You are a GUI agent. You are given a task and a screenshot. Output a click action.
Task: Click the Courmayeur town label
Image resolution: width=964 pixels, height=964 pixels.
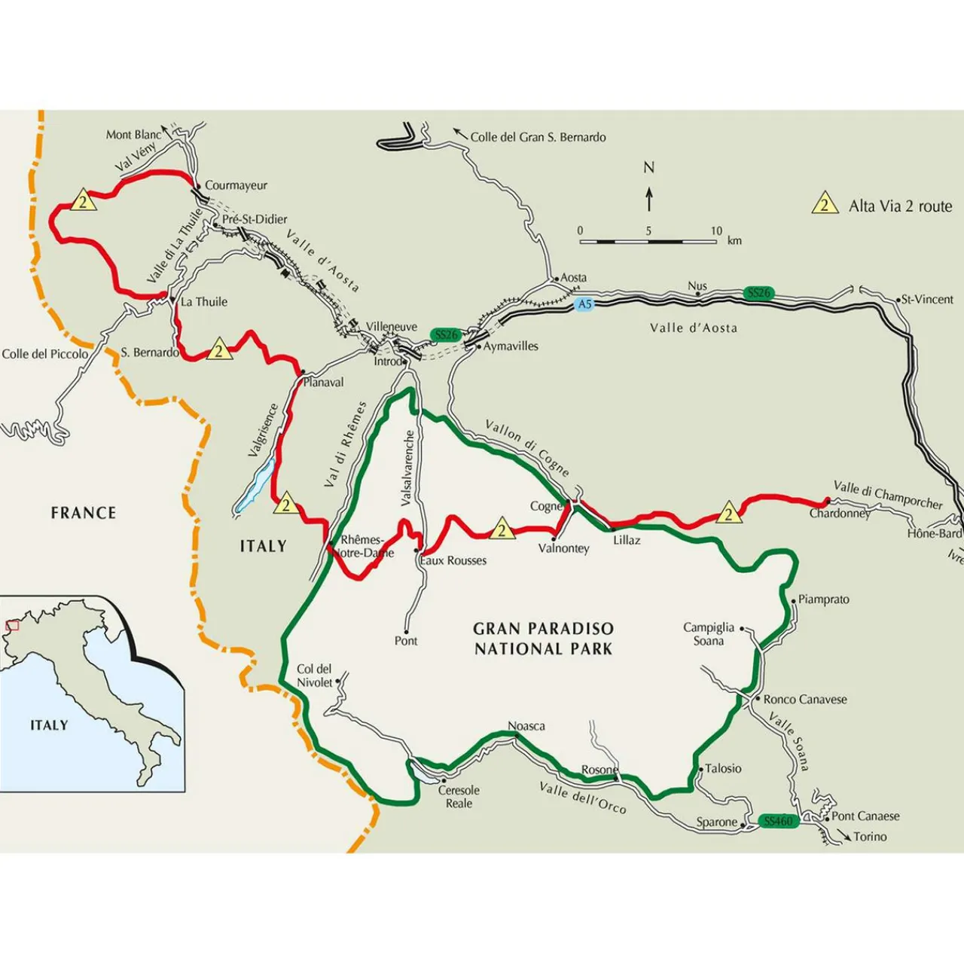click(x=236, y=185)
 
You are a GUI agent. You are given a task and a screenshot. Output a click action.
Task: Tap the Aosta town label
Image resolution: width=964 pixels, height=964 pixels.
click(x=573, y=278)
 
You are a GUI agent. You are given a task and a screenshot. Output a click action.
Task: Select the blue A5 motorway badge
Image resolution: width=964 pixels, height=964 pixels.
click(x=584, y=304)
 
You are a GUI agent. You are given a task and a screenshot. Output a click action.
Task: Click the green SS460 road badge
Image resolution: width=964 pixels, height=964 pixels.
click(x=777, y=821)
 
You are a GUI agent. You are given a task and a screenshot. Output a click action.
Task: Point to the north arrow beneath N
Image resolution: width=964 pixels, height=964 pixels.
click(x=649, y=199)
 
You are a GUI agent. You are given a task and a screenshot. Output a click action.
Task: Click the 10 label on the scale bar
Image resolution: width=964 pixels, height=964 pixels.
click(x=715, y=231)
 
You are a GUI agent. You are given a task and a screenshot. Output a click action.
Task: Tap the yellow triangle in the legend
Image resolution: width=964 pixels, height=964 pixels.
click(x=825, y=205)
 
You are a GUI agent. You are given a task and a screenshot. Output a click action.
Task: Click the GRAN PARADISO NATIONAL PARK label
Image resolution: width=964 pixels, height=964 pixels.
click(x=543, y=639)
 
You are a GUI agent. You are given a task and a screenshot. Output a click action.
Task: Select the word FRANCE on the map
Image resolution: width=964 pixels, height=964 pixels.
click(x=84, y=513)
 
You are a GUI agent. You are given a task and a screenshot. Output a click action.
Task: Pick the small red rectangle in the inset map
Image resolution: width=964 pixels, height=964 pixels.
click(x=12, y=625)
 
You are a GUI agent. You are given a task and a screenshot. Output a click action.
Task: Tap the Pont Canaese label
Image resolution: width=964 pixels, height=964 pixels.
click(x=865, y=816)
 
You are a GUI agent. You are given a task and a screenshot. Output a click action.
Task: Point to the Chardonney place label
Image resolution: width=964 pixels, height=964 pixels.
click(x=840, y=514)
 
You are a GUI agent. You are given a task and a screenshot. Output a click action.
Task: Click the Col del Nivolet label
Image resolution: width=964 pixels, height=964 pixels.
click(x=314, y=676)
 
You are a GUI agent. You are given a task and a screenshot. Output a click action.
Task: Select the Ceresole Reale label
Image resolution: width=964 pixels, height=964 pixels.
click(x=459, y=797)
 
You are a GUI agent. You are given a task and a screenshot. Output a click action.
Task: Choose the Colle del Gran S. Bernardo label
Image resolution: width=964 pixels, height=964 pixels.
click(x=538, y=137)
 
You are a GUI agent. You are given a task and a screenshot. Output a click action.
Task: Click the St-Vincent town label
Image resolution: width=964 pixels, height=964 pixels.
click(x=927, y=299)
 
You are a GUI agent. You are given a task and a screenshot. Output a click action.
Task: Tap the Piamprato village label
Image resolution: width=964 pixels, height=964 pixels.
click(x=823, y=599)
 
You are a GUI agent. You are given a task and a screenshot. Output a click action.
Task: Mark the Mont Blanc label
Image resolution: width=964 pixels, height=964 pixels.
click(x=133, y=135)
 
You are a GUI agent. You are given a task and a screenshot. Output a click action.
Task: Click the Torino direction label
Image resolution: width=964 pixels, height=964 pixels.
click(x=870, y=837)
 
